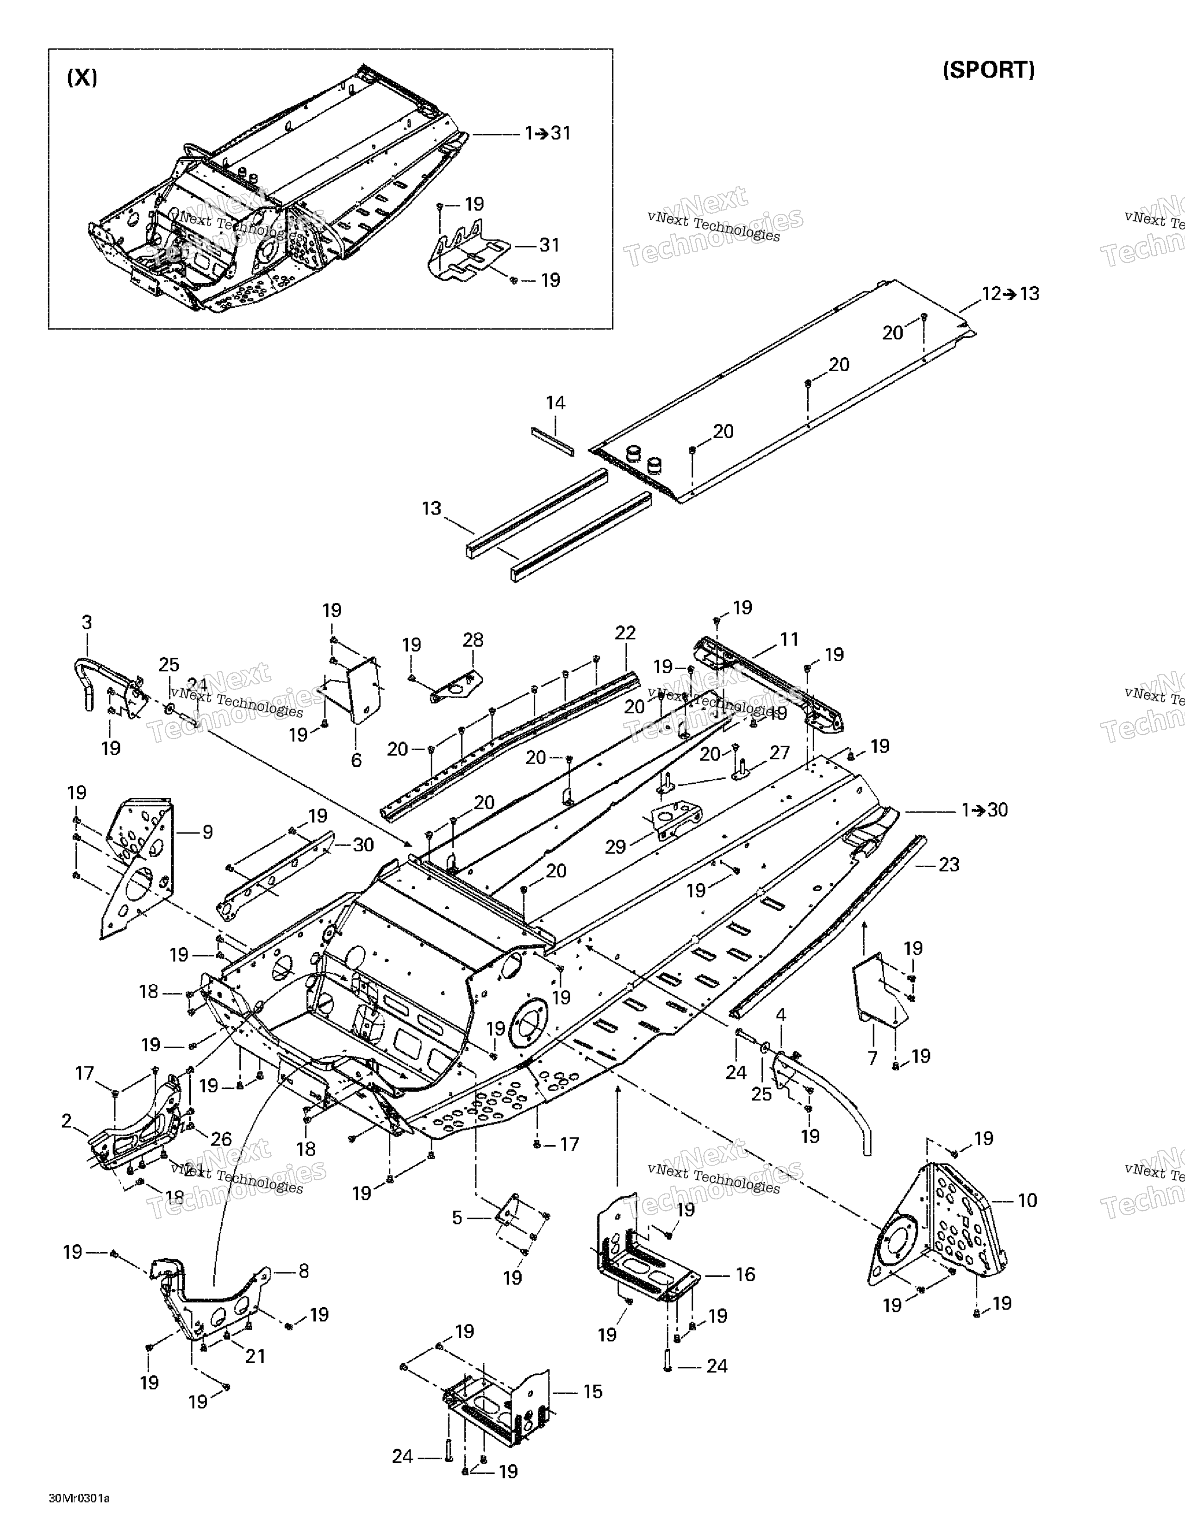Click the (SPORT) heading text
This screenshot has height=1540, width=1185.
click(988, 70)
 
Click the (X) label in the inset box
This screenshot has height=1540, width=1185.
click(82, 78)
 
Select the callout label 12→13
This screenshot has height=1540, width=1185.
click(1010, 293)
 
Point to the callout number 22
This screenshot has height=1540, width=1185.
click(625, 633)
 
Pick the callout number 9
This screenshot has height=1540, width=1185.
click(207, 832)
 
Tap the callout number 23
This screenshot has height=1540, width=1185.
click(949, 864)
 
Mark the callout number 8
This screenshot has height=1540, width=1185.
click(303, 1271)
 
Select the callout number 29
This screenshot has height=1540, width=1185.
click(615, 846)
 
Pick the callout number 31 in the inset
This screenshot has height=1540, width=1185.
click(549, 245)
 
